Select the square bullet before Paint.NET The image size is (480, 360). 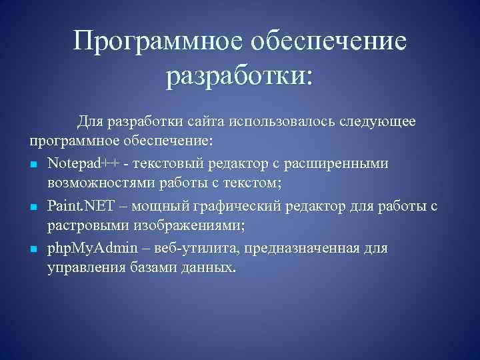point(33,207)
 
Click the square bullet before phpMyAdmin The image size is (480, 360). point(33,249)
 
